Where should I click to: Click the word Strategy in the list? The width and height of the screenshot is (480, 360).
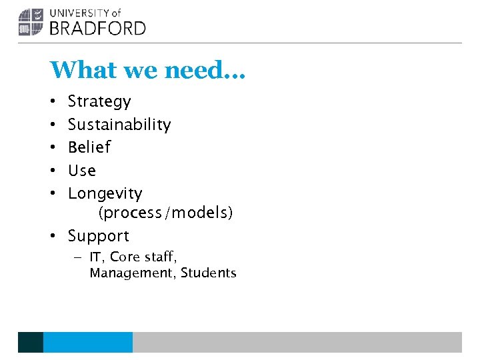(x=99, y=102)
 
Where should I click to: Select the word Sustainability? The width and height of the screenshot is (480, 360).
(x=119, y=125)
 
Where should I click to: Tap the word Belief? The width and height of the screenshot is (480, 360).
(x=89, y=147)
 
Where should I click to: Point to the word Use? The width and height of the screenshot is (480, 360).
(x=82, y=171)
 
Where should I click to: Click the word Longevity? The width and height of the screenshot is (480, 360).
(x=105, y=194)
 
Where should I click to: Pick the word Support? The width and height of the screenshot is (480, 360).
(x=99, y=236)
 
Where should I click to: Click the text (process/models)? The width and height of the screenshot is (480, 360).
(x=166, y=213)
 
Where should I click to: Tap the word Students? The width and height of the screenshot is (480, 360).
(x=209, y=273)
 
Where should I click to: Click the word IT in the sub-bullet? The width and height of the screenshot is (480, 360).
(x=97, y=257)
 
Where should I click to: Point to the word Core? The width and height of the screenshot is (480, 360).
(x=125, y=257)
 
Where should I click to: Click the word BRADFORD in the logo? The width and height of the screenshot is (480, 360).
(x=98, y=27)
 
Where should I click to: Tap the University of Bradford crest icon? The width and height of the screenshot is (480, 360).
(x=30, y=21)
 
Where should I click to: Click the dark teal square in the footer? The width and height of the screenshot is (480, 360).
(x=31, y=342)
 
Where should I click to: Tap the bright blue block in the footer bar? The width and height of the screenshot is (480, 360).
(x=88, y=342)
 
